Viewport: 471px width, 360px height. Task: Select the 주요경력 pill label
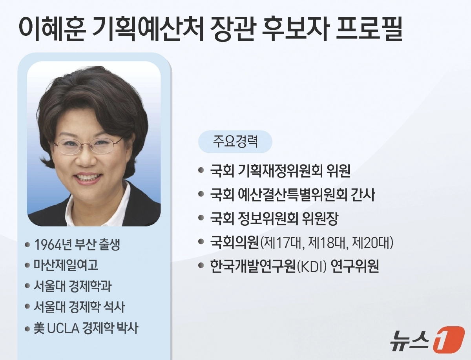(x=235, y=141)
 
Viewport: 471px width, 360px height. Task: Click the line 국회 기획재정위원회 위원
(x=280, y=172)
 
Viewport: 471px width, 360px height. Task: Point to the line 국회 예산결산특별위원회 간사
(x=294, y=195)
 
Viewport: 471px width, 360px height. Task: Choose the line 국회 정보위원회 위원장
(x=274, y=219)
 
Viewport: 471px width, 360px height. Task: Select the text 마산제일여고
(x=66, y=265)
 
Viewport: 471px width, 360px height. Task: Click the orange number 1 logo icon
(x=449, y=340)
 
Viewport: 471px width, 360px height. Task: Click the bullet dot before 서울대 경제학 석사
(x=27, y=306)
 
